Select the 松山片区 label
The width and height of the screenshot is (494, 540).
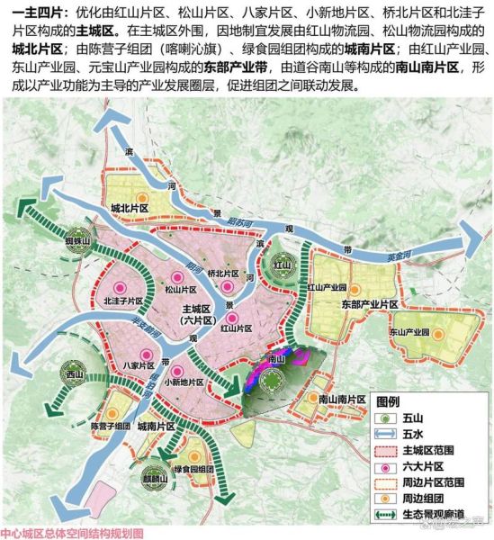click(180, 291)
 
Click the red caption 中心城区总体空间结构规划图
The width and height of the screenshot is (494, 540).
click(72, 532)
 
